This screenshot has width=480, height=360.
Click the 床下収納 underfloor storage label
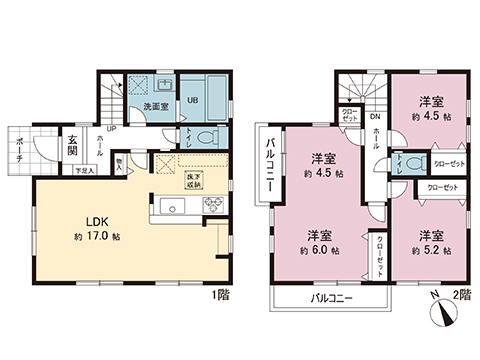(193, 180)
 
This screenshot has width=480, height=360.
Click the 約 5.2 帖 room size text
(431, 250)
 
